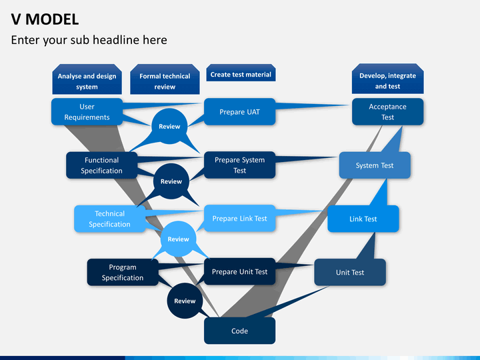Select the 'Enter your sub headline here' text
tap(89, 40)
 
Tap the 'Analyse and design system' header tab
tap(87, 81)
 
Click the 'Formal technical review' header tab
tap(165, 81)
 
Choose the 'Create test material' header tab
tap(241, 75)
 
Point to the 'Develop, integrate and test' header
tap(387, 81)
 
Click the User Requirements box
tap(87, 112)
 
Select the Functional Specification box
tap(102, 165)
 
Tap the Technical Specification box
tap(109, 219)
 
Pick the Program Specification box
tap(123, 272)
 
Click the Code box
tap(239, 331)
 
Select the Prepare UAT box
tap(239, 112)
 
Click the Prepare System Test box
tap(239, 165)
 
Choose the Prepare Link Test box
tap(239, 219)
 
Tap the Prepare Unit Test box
tap(239, 272)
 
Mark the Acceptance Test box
tap(387, 112)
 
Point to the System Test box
tap(374, 165)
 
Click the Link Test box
tap(363, 219)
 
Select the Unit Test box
tap(349, 272)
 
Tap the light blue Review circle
tap(178, 239)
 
